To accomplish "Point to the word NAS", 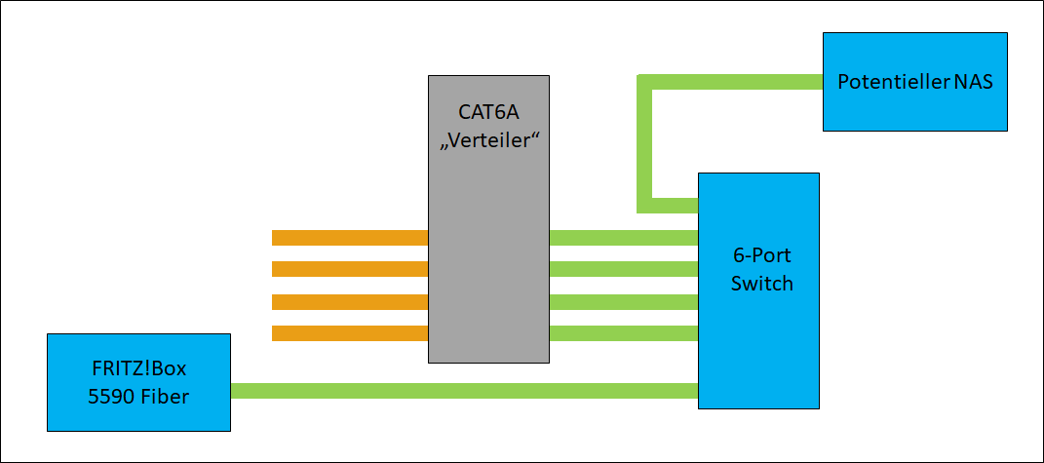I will [x=974, y=82].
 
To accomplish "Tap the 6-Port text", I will [x=761, y=257].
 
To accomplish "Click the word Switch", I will [x=761, y=284].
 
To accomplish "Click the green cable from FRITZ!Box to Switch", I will [x=464, y=391].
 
